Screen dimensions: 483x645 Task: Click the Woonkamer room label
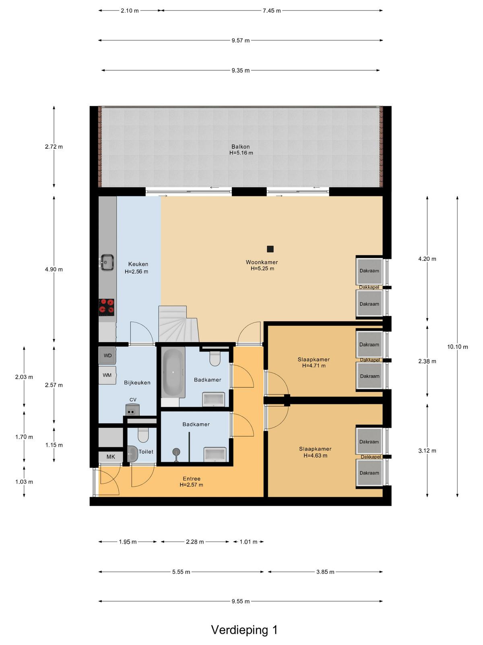click(262, 262)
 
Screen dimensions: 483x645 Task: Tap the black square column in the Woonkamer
click(270, 249)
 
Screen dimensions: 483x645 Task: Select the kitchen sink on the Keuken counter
click(107, 262)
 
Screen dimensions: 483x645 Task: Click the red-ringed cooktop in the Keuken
click(106, 307)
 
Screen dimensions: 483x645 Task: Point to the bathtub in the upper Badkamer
click(173, 372)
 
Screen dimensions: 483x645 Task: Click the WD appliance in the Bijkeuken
click(107, 356)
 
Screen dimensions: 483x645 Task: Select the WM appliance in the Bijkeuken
click(107, 375)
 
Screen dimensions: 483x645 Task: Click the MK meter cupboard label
click(111, 457)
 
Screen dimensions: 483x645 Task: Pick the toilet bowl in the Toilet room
click(143, 435)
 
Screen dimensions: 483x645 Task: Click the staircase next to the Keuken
click(178, 324)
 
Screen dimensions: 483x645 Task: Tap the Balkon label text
click(240, 146)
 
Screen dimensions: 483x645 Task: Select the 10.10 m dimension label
click(458, 347)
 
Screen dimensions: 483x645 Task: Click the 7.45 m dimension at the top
click(272, 11)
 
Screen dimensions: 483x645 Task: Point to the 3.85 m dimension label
click(325, 572)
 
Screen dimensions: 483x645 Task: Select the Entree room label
click(192, 479)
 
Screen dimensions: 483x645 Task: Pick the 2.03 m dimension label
click(24, 377)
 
